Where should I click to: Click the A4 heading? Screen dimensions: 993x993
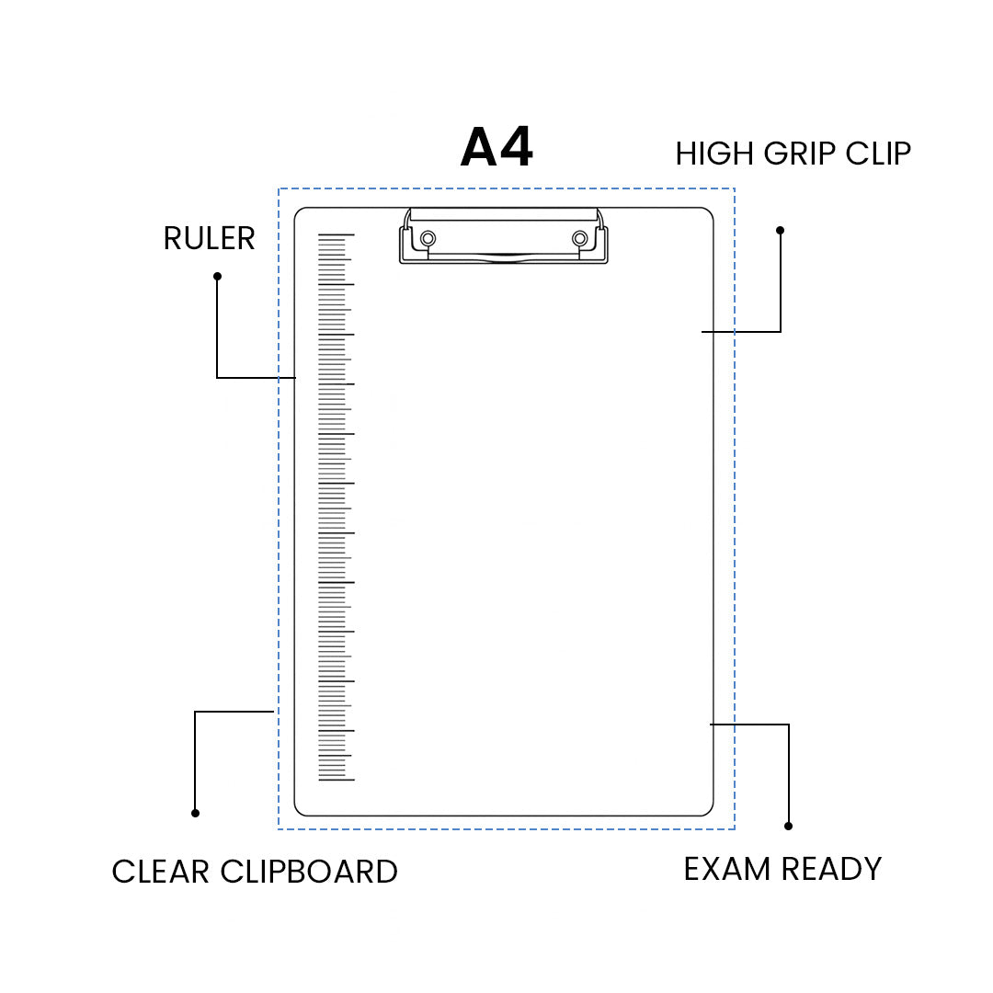tap(496, 148)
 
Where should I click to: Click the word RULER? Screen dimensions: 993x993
tap(209, 239)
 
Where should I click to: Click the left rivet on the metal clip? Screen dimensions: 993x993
tap(428, 240)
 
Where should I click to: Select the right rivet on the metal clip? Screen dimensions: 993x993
tap(579, 240)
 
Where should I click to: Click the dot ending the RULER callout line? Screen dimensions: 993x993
tap(217, 276)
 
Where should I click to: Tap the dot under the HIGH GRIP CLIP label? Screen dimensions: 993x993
tap(780, 230)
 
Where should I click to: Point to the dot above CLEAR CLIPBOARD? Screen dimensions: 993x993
tap(195, 813)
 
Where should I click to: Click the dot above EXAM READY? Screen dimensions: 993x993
tap(788, 826)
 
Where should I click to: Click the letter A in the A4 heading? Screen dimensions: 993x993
tap(478, 148)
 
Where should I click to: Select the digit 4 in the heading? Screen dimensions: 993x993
tap(515, 148)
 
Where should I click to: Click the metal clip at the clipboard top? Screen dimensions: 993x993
tap(503, 237)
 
